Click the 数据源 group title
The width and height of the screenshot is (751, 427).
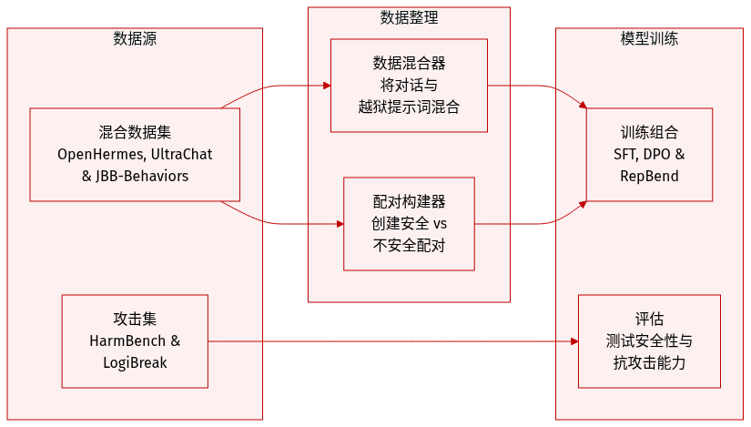pyautogui.click(x=135, y=38)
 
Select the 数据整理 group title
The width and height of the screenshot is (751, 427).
pyautogui.click(x=409, y=17)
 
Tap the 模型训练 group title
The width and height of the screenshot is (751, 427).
pyautogui.click(x=648, y=38)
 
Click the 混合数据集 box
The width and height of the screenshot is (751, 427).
pyautogui.click(x=135, y=155)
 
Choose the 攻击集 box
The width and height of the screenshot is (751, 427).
pyautogui.click(x=135, y=341)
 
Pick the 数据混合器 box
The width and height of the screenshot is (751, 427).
pyautogui.click(x=409, y=86)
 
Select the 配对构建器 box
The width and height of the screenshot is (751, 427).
pyautogui.click(x=409, y=224)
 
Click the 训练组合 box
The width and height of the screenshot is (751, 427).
pyautogui.click(x=649, y=154)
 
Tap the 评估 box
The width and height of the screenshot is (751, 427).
pyautogui.click(x=649, y=341)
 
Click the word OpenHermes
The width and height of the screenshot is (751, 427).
pyautogui.click(x=99, y=154)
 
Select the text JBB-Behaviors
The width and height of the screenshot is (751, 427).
pyautogui.click(x=142, y=176)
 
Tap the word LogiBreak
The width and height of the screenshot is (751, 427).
pyautogui.click(x=135, y=362)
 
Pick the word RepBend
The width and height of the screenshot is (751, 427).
pyautogui.click(x=649, y=176)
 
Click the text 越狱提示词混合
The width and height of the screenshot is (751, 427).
pyautogui.click(x=409, y=107)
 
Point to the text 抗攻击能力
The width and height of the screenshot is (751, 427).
pyautogui.click(x=649, y=362)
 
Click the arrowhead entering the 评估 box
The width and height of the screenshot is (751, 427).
pyautogui.click(x=573, y=341)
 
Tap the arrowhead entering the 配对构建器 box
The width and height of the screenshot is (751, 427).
pyautogui.click(x=338, y=224)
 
